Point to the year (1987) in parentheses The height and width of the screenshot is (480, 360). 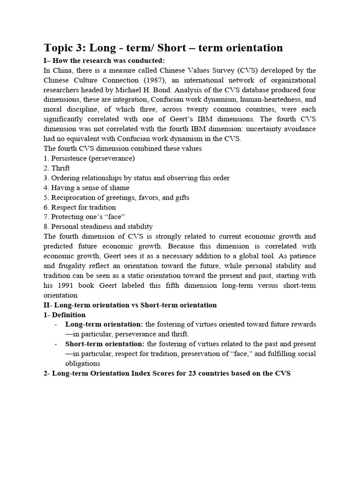tap(151, 80)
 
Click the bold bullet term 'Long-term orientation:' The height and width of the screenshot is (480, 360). tap(104, 324)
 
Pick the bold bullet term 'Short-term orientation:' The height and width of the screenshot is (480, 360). tap(105, 344)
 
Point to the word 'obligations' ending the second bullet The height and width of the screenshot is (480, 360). tap(82, 364)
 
